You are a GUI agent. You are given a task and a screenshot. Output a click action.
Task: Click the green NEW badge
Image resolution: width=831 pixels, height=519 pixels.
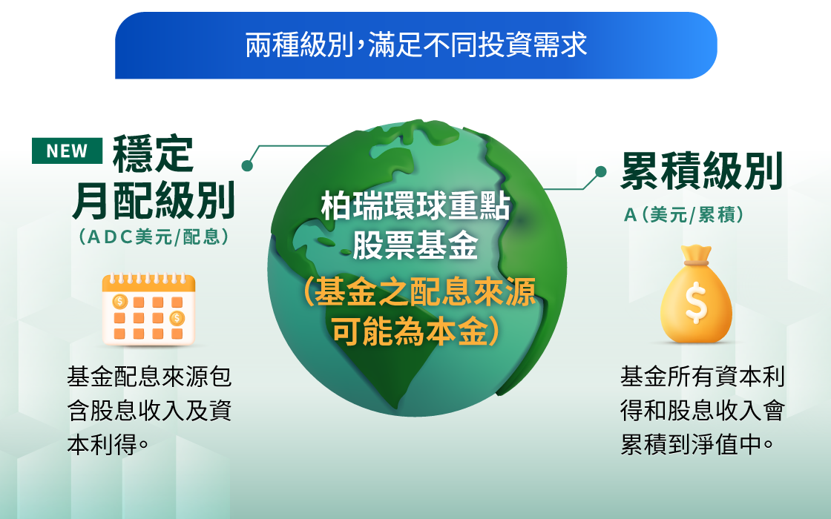pos(67,151)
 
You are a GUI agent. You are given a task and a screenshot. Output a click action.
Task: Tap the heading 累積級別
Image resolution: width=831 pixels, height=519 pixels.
pos(702,171)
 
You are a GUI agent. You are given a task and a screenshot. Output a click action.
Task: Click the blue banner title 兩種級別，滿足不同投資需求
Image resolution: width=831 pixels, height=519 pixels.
pos(416,44)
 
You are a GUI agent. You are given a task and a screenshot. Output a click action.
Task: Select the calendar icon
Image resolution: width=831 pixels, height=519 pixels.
pos(149,308)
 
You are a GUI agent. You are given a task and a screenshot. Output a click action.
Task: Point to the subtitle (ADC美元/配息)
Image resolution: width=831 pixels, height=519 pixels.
pos(154,237)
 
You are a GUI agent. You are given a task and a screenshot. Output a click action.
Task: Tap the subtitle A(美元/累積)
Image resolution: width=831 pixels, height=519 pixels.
pos(683,215)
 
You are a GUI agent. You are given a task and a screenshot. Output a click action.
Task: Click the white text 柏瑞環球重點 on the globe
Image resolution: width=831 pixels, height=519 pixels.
pos(415,207)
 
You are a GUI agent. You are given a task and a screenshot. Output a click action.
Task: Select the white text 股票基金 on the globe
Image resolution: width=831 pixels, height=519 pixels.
pos(415,245)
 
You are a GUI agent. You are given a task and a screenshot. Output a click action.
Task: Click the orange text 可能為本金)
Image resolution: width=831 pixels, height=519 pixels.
pos(415,331)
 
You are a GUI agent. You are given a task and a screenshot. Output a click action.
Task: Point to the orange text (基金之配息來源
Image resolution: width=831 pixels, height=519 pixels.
pos(418,292)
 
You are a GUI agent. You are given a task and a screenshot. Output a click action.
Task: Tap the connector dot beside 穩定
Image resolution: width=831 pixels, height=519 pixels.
pos(247,166)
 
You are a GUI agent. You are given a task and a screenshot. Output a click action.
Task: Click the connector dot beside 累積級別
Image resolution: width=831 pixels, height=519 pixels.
pos(600,171)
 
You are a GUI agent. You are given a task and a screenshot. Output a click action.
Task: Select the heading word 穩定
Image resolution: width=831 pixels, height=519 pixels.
pos(153,154)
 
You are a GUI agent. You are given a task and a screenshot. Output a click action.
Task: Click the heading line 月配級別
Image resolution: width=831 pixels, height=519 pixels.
pos(154,201)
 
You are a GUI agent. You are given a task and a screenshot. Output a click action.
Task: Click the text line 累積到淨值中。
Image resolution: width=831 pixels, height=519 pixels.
pos(697,444)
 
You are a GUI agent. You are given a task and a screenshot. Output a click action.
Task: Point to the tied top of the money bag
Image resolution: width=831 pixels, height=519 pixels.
pos(696,256)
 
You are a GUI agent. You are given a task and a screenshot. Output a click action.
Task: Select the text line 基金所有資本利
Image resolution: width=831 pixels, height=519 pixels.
pos(702,377)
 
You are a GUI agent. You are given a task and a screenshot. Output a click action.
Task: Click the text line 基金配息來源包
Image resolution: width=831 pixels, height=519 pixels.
pos(149,377)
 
